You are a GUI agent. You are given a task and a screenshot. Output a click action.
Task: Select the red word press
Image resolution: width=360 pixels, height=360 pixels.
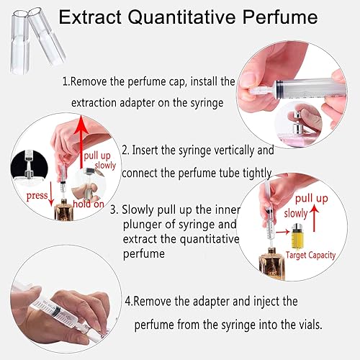[36, 195]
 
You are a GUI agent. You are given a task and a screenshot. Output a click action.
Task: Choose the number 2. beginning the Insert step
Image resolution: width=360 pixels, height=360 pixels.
[125, 151]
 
